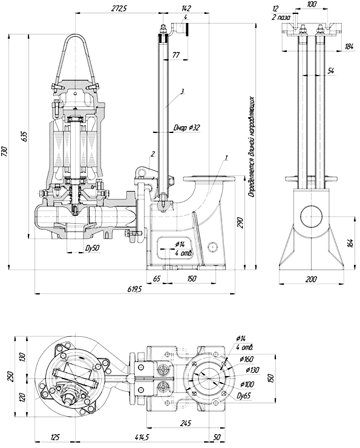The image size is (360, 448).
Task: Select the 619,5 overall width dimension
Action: point(134,289)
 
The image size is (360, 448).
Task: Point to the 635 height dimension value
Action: point(24,137)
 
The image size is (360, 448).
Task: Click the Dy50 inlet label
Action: point(93,248)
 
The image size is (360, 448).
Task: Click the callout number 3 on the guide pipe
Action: point(182,92)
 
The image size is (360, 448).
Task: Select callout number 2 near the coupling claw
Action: point(153,154)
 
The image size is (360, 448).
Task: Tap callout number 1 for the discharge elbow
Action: point(226,157)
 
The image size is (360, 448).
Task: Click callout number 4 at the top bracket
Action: point(186,18)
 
